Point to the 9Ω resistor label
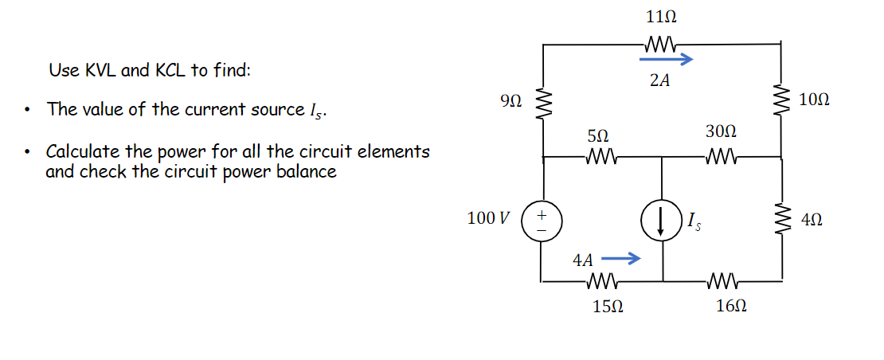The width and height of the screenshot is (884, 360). pos(511,100)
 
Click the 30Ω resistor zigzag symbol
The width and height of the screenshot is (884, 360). pos(721,157)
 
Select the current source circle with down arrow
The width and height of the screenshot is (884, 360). pos(661,220)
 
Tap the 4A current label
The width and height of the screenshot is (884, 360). pos(583,260)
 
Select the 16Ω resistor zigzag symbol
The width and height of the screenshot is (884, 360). pos(722,280)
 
